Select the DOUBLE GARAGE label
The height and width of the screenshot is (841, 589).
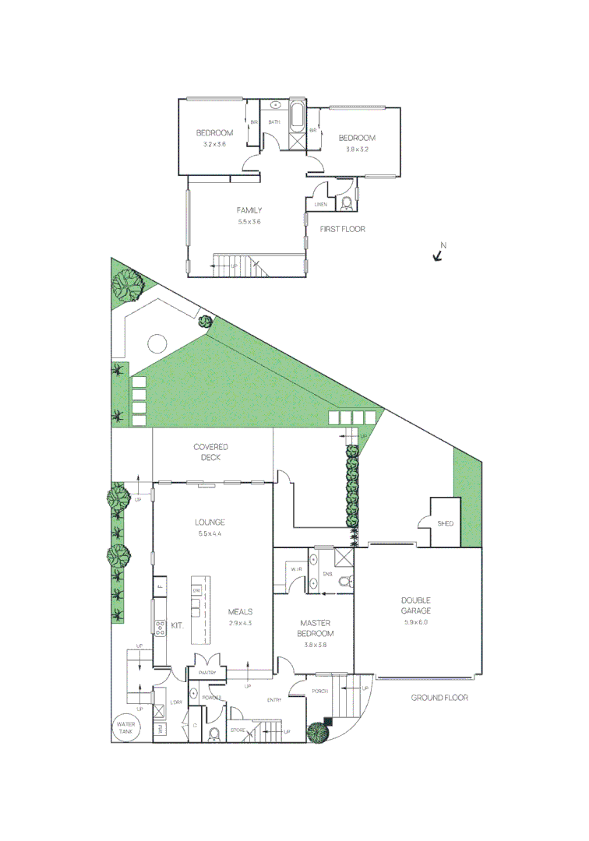(416, 605)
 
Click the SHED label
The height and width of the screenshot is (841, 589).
(445, 523)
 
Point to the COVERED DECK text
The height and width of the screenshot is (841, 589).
(211, 452)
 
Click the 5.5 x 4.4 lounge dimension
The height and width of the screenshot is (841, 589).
(211, 533)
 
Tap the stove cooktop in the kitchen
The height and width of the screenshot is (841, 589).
(161, 628)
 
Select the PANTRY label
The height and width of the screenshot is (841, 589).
(207, 672)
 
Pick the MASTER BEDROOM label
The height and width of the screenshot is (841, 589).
(315, 628)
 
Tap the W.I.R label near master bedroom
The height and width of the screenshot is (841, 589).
(296, 571)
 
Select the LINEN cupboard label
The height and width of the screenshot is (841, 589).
(320, 204)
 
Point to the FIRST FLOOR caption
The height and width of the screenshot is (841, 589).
(343, 229)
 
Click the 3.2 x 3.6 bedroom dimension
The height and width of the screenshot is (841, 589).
(214, 144)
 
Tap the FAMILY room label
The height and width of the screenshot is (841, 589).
(249, 210)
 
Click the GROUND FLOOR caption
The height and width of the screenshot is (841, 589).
(439, 698)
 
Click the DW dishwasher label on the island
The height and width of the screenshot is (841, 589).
(197, 590)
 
